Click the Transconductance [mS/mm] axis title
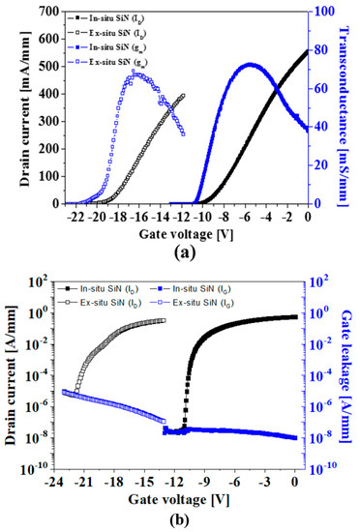click(x=349, y=106)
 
